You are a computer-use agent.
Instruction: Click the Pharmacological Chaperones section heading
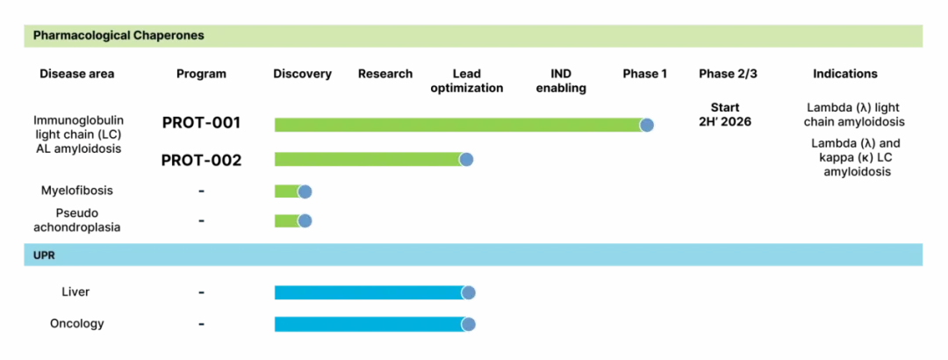point(118,36)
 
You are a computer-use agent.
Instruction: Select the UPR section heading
point(44,256)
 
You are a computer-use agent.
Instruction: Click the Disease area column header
point(76,74)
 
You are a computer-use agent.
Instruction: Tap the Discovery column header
point(302,74)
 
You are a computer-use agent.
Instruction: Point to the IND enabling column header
point(561,81)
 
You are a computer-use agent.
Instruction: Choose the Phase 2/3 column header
point(728,74)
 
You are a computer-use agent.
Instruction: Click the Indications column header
point(845,74)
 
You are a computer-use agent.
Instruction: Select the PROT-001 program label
point(201,123)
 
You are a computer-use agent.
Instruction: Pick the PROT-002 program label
point(201,161)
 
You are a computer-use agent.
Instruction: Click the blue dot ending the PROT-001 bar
point(647,126)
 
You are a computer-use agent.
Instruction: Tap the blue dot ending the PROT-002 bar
point(466,159)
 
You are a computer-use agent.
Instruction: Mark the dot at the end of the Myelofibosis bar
point(305,191)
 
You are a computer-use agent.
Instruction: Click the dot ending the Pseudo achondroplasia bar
point(305,221)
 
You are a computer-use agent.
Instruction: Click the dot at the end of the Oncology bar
point(469,324)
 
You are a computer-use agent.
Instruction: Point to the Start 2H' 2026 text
point(724,114)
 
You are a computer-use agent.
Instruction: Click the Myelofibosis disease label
point(76,191)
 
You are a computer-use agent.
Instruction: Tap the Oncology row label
point(76,324)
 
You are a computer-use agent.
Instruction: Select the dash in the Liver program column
point(201,293)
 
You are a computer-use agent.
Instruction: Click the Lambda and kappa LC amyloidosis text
point(851,158)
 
